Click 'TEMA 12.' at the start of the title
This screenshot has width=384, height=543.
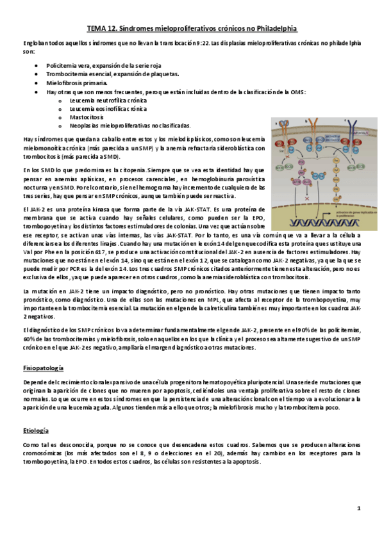click(x=103, y=29)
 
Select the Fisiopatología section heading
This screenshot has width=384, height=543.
click(x=43, y=369)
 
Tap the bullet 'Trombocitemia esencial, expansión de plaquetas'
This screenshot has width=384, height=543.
click(x=106, y=75)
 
